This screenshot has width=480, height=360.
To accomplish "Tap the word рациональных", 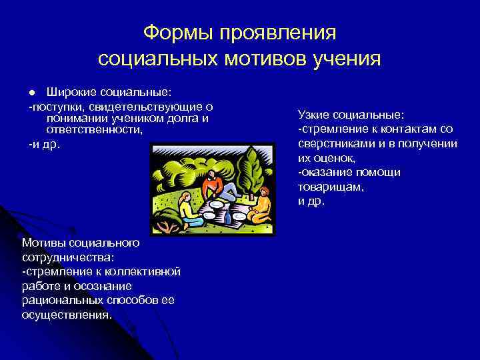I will tap(57, 301).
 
